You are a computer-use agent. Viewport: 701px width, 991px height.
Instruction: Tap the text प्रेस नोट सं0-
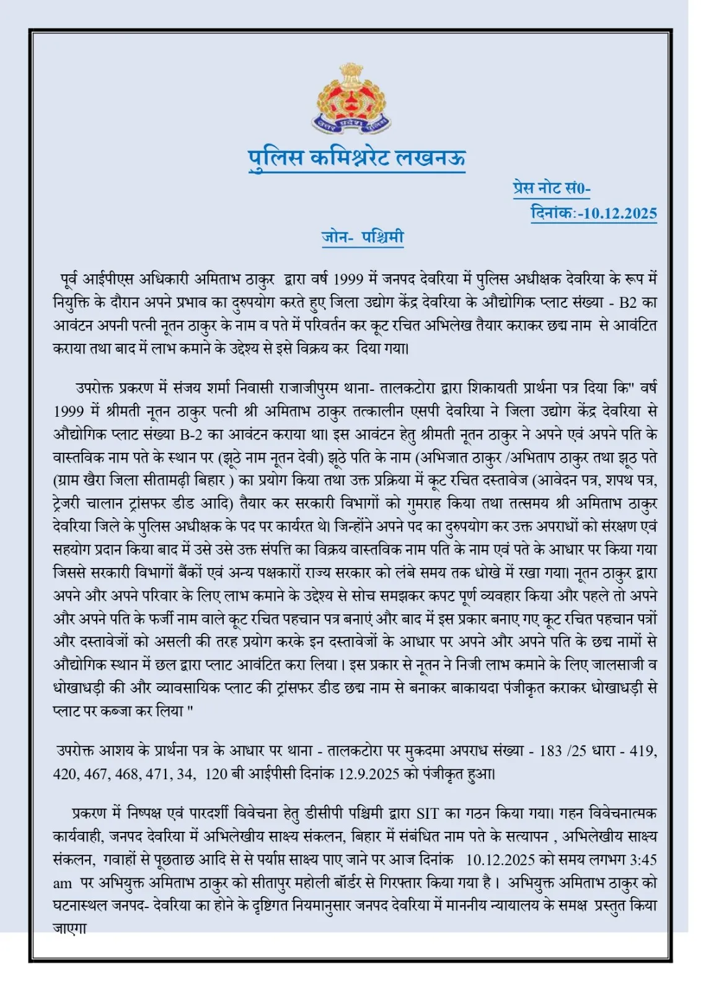[x=552, y=188]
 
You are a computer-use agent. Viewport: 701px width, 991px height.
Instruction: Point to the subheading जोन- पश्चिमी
[x=363, y=237]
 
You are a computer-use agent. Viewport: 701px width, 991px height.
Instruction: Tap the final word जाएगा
[x=69, y=928]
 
